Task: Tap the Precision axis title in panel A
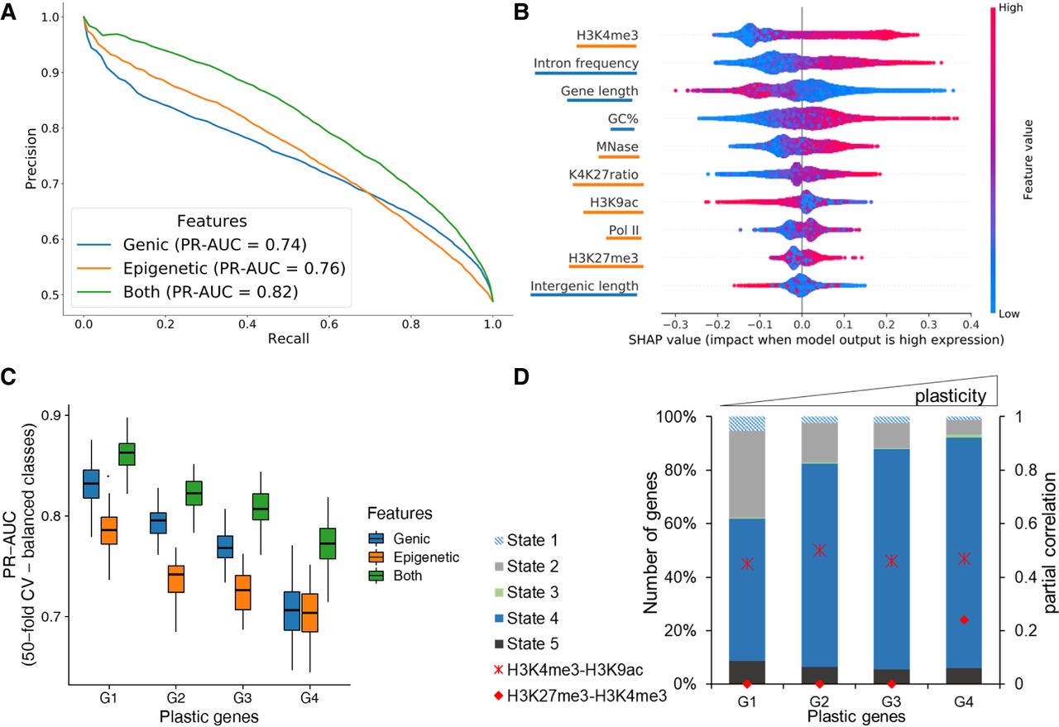point(32,156)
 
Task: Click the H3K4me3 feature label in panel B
point(607,36)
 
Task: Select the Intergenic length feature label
point(584,287)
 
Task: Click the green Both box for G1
point(127,454)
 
